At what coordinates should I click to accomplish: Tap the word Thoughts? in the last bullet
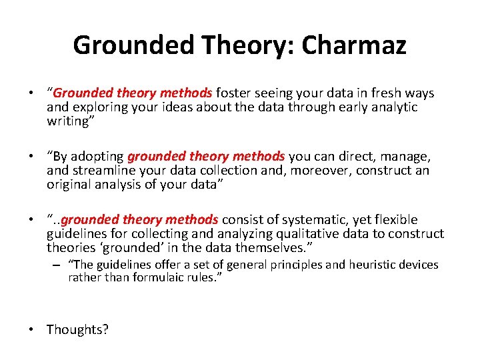pyautogui.click(x=77, y=329)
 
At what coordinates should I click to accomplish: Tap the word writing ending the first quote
pyautogui.click(x=69, y=121)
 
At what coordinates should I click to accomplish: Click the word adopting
pyautogui.click(x=99, y=156)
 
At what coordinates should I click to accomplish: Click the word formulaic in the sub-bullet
pyautogui.click(x=157, y=277)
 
